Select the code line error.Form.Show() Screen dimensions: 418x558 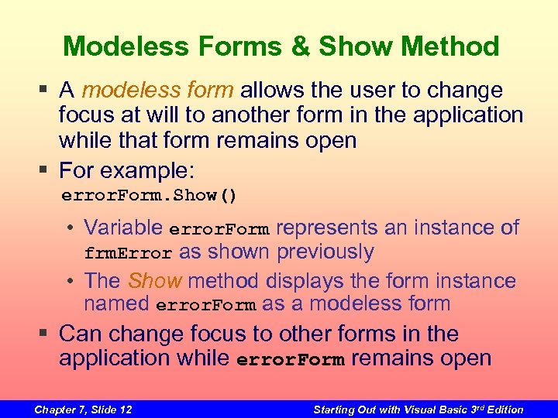(x=149, y=196)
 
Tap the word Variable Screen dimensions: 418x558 (x=123, y=228)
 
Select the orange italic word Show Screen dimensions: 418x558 (x=154, y=281)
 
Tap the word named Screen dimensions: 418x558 (x=116, y=304)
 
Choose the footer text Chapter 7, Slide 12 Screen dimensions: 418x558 (x=83, y=409)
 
